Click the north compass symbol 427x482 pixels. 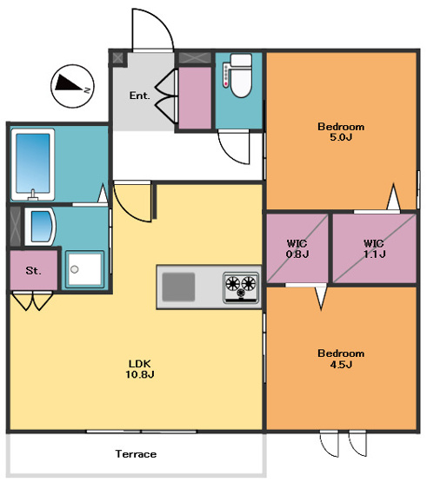click(x=72, y=86)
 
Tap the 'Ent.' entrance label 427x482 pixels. click(x=139, y=96)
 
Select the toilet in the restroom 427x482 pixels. click(x=241, y=76)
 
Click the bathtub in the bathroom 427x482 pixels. click(x=33, y=164)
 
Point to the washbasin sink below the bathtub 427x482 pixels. click(x=40, y=227)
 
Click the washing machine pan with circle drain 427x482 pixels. click(x=84, y=269)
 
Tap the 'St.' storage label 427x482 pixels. click(x=33, y=271)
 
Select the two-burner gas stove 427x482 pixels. click(x=241, y=287)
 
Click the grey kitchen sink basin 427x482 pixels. click(x=178, y=287)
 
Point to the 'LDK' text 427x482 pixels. click(x=139, y=364)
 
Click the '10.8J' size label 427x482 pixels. click(x=140, y=374)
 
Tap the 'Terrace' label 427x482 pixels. click(x=136, y=454)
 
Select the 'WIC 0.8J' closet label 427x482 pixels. click(x=297, y=248)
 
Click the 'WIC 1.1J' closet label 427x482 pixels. click(x=374, y=248)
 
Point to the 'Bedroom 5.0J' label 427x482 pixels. click(x=341, y=131)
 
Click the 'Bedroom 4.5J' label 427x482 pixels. click(x=341, y=359)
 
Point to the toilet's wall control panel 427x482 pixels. click(x=227, y=76)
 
